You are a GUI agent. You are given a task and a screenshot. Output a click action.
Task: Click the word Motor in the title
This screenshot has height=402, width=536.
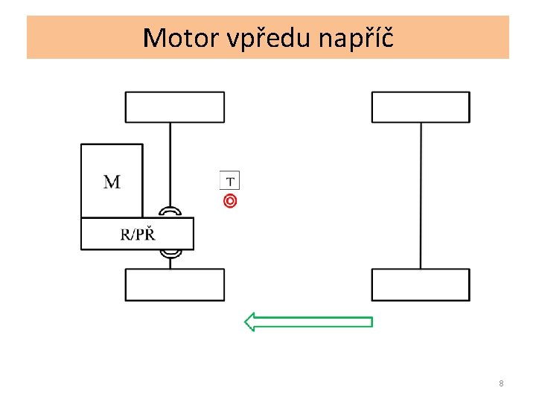181,38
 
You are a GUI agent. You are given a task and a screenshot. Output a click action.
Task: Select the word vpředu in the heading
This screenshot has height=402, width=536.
269,38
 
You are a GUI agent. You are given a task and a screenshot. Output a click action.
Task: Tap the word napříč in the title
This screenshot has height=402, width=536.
356,38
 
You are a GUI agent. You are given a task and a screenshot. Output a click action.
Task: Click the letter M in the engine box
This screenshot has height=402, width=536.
112,182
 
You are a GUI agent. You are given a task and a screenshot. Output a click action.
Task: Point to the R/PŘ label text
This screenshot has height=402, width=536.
138,234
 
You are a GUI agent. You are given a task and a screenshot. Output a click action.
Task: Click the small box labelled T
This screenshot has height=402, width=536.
230,180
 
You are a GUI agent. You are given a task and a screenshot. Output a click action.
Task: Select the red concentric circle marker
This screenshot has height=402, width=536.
230,201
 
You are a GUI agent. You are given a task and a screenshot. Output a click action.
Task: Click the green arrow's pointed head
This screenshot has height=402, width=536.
245,322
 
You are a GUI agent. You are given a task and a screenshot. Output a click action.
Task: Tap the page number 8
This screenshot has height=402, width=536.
501,383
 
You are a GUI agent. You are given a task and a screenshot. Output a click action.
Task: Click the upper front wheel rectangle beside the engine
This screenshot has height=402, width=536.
175,107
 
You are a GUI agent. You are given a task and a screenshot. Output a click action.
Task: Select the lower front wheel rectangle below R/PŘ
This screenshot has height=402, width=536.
175,284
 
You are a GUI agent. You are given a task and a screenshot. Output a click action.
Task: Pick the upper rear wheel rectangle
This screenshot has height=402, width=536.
421,107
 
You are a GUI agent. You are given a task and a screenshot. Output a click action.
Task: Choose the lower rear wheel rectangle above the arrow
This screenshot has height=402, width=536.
421,284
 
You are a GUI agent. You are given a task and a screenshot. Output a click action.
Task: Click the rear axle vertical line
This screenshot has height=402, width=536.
421,196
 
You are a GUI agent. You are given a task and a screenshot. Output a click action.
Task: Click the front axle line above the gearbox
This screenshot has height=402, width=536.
170,165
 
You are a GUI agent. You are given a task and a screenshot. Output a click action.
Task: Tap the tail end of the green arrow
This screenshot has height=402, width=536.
372,322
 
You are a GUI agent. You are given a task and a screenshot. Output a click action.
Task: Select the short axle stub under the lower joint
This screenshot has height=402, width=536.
170,264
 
